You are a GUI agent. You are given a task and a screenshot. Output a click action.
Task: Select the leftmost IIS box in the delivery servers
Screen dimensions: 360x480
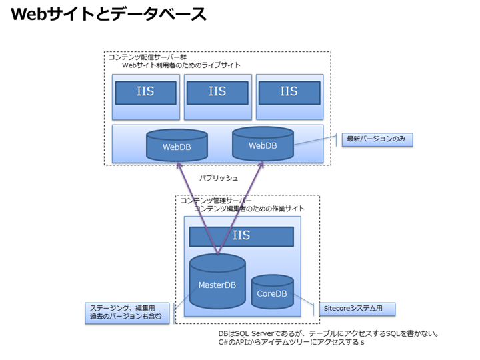coord(145,92)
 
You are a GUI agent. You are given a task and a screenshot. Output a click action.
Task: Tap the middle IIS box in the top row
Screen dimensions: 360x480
coord(217,92)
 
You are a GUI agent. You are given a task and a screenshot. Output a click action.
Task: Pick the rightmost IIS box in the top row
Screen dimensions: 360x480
coord(289,92)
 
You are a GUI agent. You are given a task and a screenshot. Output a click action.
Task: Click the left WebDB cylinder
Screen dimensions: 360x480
coord(177,147)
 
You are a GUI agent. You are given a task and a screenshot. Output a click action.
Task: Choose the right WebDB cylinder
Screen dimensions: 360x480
coord(263,144)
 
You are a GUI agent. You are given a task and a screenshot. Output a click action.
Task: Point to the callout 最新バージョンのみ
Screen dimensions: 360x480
coord(377,139)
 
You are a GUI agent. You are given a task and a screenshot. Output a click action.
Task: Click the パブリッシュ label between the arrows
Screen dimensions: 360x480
coord(219,178)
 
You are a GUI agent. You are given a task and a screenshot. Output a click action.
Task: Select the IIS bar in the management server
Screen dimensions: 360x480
coord(241,236)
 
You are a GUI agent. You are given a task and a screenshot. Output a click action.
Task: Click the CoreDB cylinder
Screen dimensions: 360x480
coord(272,293)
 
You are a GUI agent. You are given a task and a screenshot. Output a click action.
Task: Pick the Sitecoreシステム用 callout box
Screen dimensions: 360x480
coord(357,309)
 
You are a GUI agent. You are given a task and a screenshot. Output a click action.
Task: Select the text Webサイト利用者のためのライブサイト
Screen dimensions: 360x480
coord(181,65)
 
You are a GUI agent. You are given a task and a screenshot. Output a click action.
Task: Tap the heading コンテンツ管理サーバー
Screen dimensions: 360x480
coord(216,200)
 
